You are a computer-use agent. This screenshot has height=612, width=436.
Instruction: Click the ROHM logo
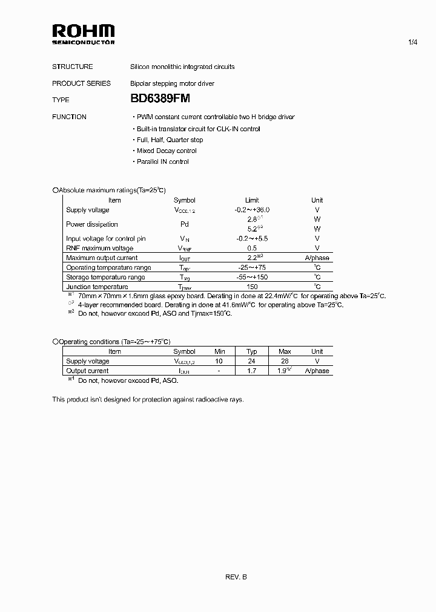coord(83,34)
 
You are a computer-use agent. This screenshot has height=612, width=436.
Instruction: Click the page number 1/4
coord(414,42)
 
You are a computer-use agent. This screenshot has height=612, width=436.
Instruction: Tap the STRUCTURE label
coord(72,67)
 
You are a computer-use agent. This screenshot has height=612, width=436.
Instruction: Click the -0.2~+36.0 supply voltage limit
coord(252,210)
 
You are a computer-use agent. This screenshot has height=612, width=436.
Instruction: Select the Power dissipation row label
coord(92,224)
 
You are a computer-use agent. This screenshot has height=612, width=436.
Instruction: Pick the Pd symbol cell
coord(185,224)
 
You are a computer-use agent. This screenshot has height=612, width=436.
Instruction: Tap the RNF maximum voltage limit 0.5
coord(252,248)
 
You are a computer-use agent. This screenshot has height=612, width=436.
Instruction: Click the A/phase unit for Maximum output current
coord(317,258)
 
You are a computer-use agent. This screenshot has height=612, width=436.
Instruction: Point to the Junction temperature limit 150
coord(252,287)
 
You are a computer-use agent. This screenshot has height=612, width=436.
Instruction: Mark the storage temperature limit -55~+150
coord(252,277)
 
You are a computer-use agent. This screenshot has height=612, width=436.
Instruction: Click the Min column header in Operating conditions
coord(220,351)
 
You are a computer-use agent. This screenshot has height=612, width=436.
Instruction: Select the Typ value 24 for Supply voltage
coord(252,361)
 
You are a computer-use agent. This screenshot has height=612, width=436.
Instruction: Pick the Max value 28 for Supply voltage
coord(285,361)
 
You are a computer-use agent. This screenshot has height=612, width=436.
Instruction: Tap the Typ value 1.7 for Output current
coord(252,371)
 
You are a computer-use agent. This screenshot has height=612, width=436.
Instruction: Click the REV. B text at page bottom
coord(236,577)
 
